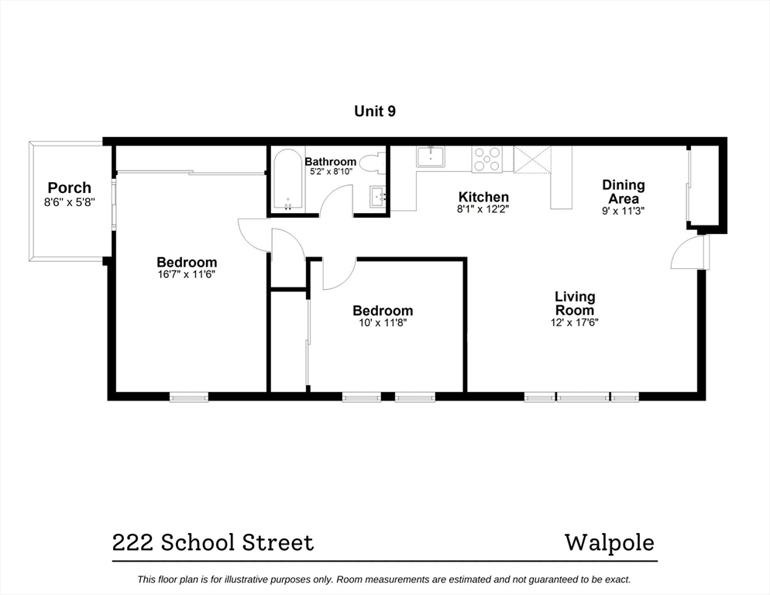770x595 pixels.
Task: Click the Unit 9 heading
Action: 375,112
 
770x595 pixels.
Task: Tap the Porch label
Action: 69,187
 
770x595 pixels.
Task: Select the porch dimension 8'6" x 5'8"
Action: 69,203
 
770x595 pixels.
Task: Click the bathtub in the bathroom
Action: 288,181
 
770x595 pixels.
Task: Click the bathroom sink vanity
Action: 376,197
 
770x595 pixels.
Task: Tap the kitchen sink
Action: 430,156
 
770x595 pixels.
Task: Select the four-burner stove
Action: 487,159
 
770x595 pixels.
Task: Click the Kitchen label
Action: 483,197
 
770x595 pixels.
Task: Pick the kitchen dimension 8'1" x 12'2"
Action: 483,209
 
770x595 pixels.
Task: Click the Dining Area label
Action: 624,191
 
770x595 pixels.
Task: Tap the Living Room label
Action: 575,303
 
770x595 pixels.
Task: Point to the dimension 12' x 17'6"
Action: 575,322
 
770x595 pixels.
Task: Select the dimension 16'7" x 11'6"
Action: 187,274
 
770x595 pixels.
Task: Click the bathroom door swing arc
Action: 335,200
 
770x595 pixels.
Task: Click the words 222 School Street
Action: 213,543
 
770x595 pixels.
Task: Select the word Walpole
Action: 609,542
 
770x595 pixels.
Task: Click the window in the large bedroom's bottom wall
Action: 189,397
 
